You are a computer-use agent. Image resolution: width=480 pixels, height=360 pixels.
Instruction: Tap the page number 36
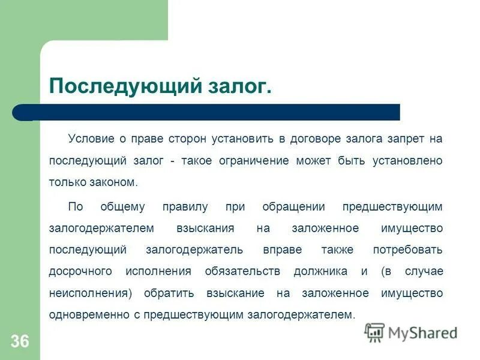tap(19, 341)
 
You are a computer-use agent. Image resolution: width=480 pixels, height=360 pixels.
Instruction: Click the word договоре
tap(316, 139)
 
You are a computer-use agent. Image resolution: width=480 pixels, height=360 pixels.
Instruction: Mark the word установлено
tap(407, 161)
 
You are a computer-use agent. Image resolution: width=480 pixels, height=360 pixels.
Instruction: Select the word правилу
tap(185, 206)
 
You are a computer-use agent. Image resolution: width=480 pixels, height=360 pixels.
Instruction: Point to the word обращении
tap(294, 206)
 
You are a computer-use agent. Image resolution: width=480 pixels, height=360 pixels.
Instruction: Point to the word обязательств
tap(242, 271)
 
